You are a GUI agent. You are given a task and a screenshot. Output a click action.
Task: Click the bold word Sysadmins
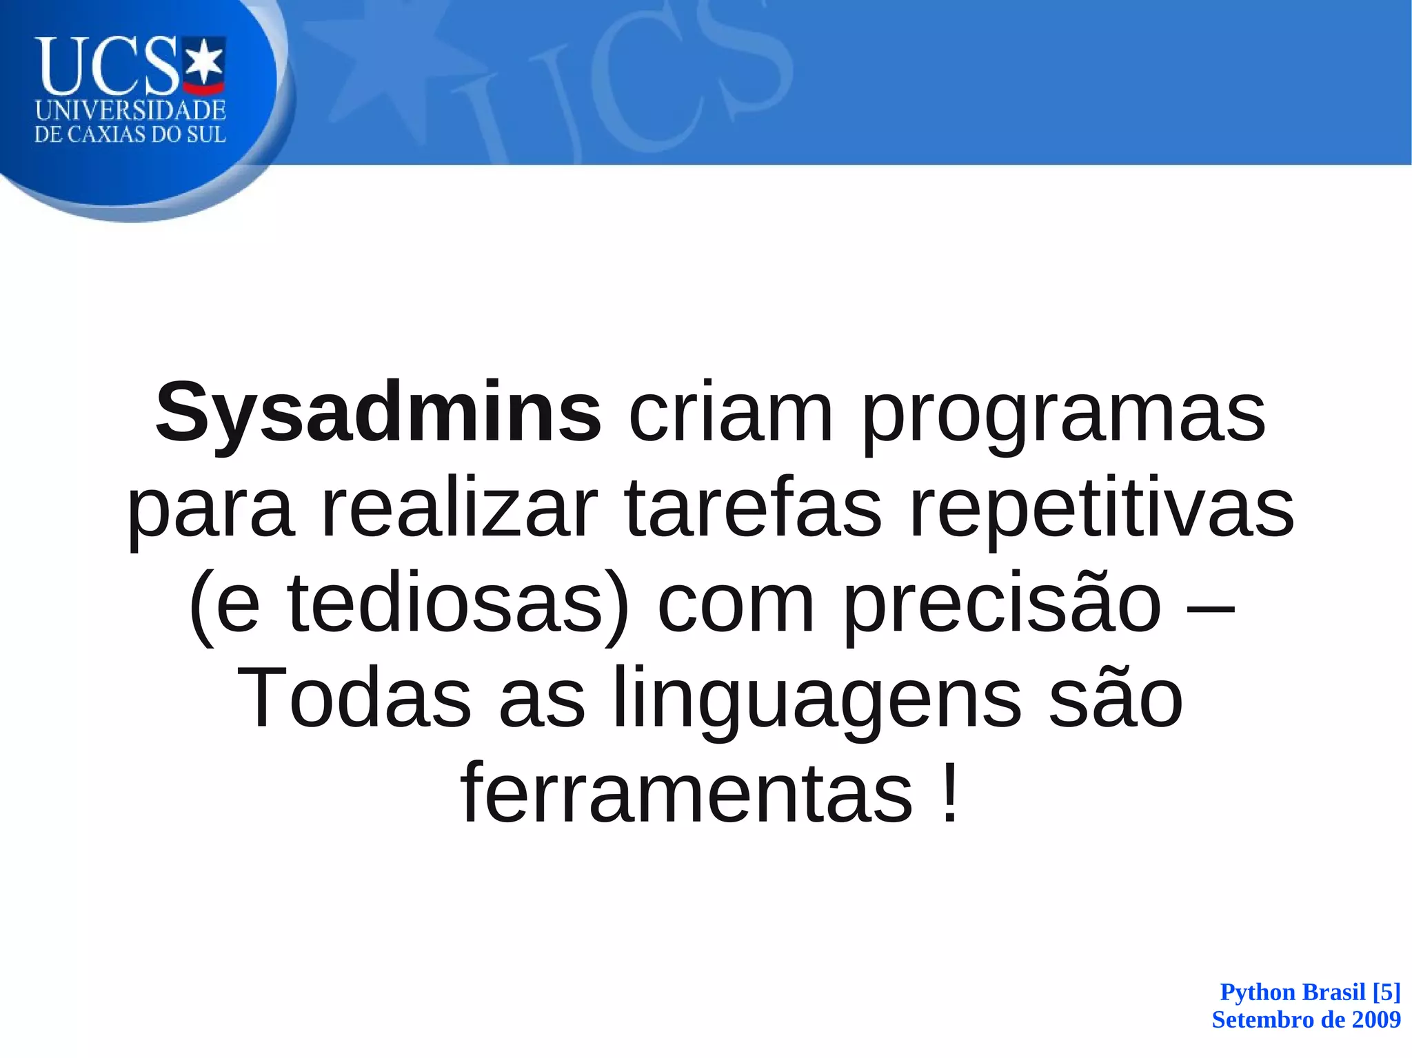378,414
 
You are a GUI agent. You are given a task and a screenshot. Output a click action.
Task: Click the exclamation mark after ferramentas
949,793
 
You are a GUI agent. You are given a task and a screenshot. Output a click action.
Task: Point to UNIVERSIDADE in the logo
130,110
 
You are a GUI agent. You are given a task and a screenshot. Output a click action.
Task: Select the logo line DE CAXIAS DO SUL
130,134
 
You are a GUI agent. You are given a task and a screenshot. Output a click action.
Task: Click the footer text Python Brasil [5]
1310,992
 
